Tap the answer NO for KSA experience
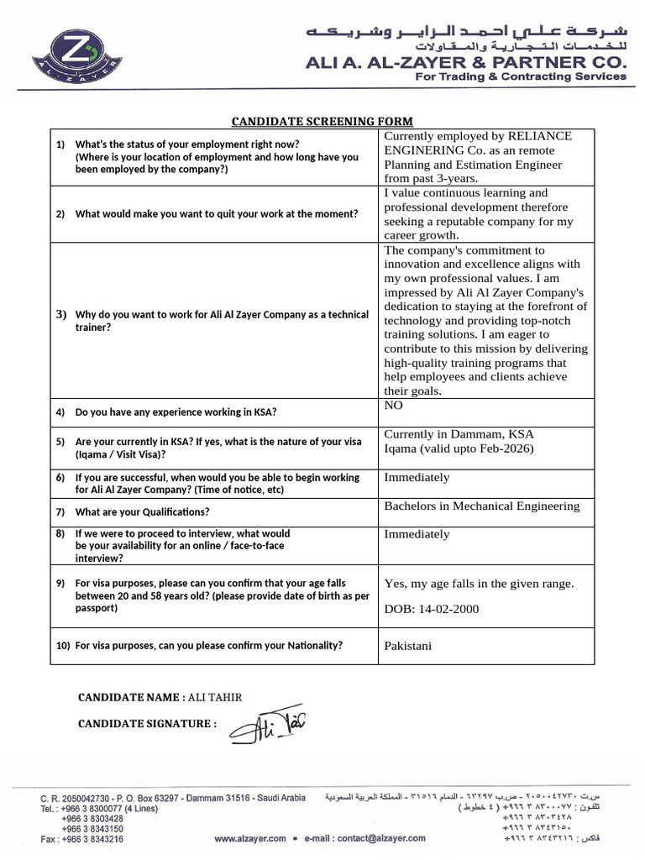coord(393,406)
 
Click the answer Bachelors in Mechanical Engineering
coord(481,506)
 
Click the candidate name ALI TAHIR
coord(214,697)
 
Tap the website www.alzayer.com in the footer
coord(250,838)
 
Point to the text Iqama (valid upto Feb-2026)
coord(458,448)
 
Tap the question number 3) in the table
coord(60,315)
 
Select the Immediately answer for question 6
coord(417,478)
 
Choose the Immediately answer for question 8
coord(417,534)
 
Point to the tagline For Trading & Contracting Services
coord(522,76)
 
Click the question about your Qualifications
coord(142,511)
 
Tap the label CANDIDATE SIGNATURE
coord(147,724)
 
